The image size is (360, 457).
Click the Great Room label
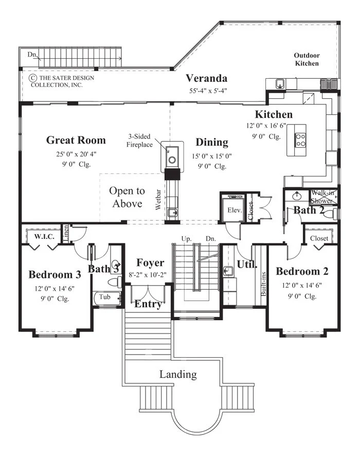click(76, 140)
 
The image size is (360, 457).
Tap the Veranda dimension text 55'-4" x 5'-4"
click(208, 91)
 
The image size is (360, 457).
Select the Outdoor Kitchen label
click(307, 59)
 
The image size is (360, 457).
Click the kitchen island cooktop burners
click(300, 140)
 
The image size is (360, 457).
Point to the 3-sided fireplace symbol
click(172, 156)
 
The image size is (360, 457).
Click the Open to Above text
click(127, 197)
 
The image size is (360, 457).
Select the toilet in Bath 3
click(115, 282)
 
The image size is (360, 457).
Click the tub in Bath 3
click(107, 298)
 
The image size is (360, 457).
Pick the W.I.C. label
click(44, 236)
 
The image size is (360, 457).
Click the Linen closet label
click(66, 233)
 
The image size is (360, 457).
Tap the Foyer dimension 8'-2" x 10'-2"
click(148, 275)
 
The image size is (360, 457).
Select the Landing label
click(178, 374)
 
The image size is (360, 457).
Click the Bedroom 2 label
click(302, 271)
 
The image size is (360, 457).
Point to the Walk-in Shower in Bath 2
click(323, 197)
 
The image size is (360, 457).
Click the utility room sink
click(227, 271)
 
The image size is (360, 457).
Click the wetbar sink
click(172, 212)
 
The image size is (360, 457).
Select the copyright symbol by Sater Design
click(32, 78)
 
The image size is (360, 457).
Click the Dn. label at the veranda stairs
click(32, 55)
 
